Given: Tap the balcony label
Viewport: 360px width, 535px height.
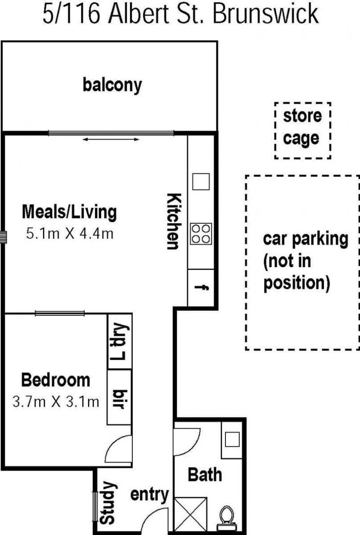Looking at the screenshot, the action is (x=112, y=85).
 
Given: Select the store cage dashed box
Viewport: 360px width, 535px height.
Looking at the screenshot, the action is (x=303, y=130).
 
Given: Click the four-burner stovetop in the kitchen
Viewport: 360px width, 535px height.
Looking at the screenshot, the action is (x=201, y=234).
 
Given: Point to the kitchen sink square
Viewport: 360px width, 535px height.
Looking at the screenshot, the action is (x=201, y=181).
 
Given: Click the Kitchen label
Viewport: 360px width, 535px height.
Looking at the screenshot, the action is (x=174, y=222).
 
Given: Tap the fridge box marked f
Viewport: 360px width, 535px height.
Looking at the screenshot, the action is (x=201, y=288).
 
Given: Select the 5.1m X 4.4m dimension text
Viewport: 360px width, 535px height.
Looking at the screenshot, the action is (x=70, y=234).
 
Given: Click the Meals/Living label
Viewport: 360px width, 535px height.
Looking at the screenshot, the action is (x=69, y=212).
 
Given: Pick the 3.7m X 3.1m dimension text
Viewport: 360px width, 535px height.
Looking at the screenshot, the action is (x=56, y=401).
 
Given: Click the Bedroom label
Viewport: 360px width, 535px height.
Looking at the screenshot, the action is (x=55, y=380).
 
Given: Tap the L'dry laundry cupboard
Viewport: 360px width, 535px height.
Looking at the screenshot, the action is (x=120, y=341).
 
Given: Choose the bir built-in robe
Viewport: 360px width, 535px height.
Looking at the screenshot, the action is (x=119, y=397).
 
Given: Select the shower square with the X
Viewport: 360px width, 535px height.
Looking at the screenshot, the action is (x=190, y=514).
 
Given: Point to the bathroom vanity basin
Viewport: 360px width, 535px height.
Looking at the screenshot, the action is (x=232, y=440).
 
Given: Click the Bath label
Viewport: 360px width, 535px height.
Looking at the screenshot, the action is (x=205, y=475).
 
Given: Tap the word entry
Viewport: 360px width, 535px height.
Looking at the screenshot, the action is (x=150, y=495).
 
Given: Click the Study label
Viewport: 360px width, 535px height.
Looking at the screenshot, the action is (x=108, y=503).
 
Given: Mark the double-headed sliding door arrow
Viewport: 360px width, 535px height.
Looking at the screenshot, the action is (x=111, y=139).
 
